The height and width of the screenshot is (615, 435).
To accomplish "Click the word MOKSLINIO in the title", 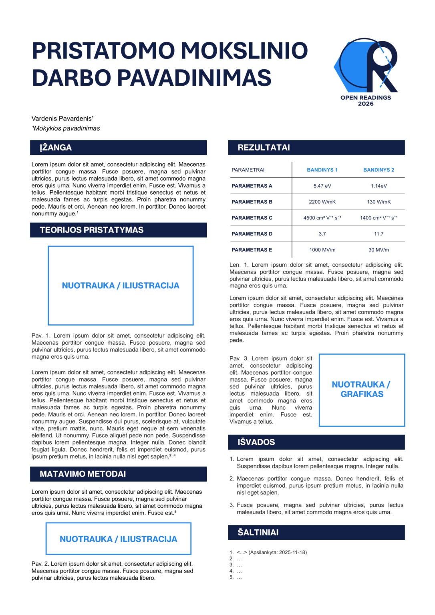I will coord(244,51).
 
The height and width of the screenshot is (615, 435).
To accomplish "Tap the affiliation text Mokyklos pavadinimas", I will coord(66,129).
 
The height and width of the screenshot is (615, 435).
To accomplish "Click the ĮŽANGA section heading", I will coord(56,148).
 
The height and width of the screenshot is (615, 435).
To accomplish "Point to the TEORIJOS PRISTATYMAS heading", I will coord(92,230).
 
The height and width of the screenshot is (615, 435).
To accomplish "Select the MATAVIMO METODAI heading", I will coord(83,474).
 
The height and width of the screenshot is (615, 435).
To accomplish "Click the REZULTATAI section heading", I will coord(264,148).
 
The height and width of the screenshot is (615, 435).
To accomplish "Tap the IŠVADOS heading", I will coord(256,442).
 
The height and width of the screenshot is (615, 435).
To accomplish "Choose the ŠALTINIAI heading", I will coord(258,533).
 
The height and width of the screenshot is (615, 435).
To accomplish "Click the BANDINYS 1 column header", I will coord(322,170).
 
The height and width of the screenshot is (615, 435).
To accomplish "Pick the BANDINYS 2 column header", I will coord(379,170).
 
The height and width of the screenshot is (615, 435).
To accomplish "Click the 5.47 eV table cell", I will coord(322,186).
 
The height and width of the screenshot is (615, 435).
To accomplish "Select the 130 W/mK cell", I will coord(379,202).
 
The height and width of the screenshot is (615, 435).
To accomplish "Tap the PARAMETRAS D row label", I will coord(252,234).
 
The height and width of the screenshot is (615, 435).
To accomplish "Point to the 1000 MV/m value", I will coord(322,250).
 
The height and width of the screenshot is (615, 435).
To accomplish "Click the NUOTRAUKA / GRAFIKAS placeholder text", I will coord(361,390).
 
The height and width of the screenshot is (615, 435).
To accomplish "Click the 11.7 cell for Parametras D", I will coord(379,234).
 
